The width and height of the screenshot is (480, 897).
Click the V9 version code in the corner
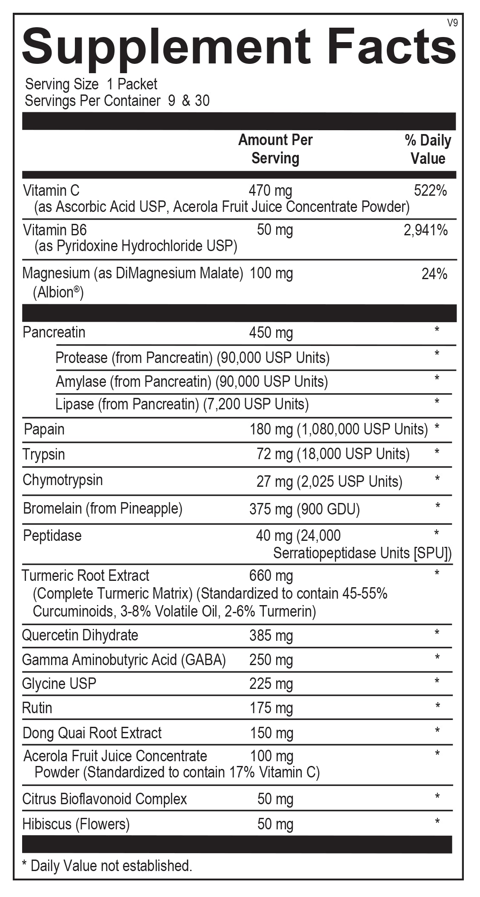[x=452, y=23]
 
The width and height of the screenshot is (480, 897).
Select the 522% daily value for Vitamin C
[x=430, y=191]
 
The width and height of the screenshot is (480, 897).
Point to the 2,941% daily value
[x=426, y=230]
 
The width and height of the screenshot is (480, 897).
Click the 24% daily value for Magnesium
[x=434, y=274]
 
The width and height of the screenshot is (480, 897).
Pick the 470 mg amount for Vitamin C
[x=270, y=191]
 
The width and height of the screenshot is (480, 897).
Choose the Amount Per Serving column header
[x=275, y=149]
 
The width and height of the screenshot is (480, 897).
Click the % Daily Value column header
[x=428, y=149]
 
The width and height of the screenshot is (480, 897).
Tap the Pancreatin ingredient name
[x=54, y=332]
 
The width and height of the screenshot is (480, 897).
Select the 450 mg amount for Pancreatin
[x=271, y=333]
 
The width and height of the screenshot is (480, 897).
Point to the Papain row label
[x=44, y=429]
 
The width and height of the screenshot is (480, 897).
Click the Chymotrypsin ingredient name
[x=63, y=480]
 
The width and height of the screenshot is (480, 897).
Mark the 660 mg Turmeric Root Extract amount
[x=271, y=576]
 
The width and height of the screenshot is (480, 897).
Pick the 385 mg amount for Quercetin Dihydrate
[x=271, y=636]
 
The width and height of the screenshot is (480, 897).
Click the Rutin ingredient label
[x=37, y=708]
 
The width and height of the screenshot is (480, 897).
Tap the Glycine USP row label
[x=59, y=684]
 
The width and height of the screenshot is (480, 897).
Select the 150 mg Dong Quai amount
[x=271, y=733]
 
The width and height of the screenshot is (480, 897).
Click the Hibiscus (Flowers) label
[x=76, y=824]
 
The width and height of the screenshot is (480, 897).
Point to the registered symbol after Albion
[x=77, y=289]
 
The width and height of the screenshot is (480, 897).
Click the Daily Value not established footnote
[x=107, y=866]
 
